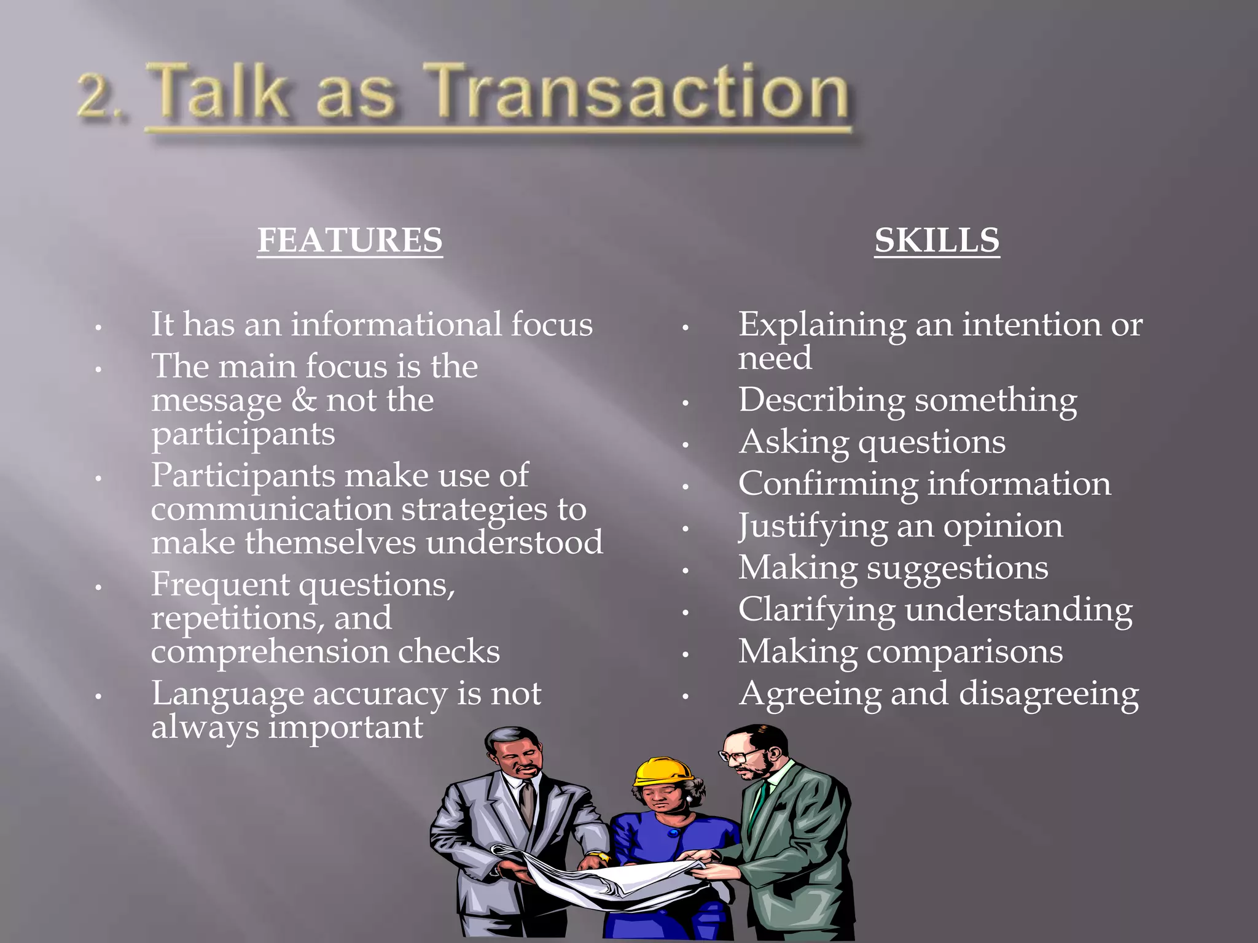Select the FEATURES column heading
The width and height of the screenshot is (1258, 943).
350,240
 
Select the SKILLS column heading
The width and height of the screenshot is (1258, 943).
937,240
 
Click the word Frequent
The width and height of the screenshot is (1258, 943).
220,584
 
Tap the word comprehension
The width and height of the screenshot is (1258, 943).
270,652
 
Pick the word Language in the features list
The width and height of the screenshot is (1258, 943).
227,694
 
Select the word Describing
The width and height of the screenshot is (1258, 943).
821,400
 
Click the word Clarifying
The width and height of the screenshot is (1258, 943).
816,611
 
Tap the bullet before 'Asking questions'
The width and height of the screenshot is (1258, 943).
686,444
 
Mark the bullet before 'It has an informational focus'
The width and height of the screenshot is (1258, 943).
98,328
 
